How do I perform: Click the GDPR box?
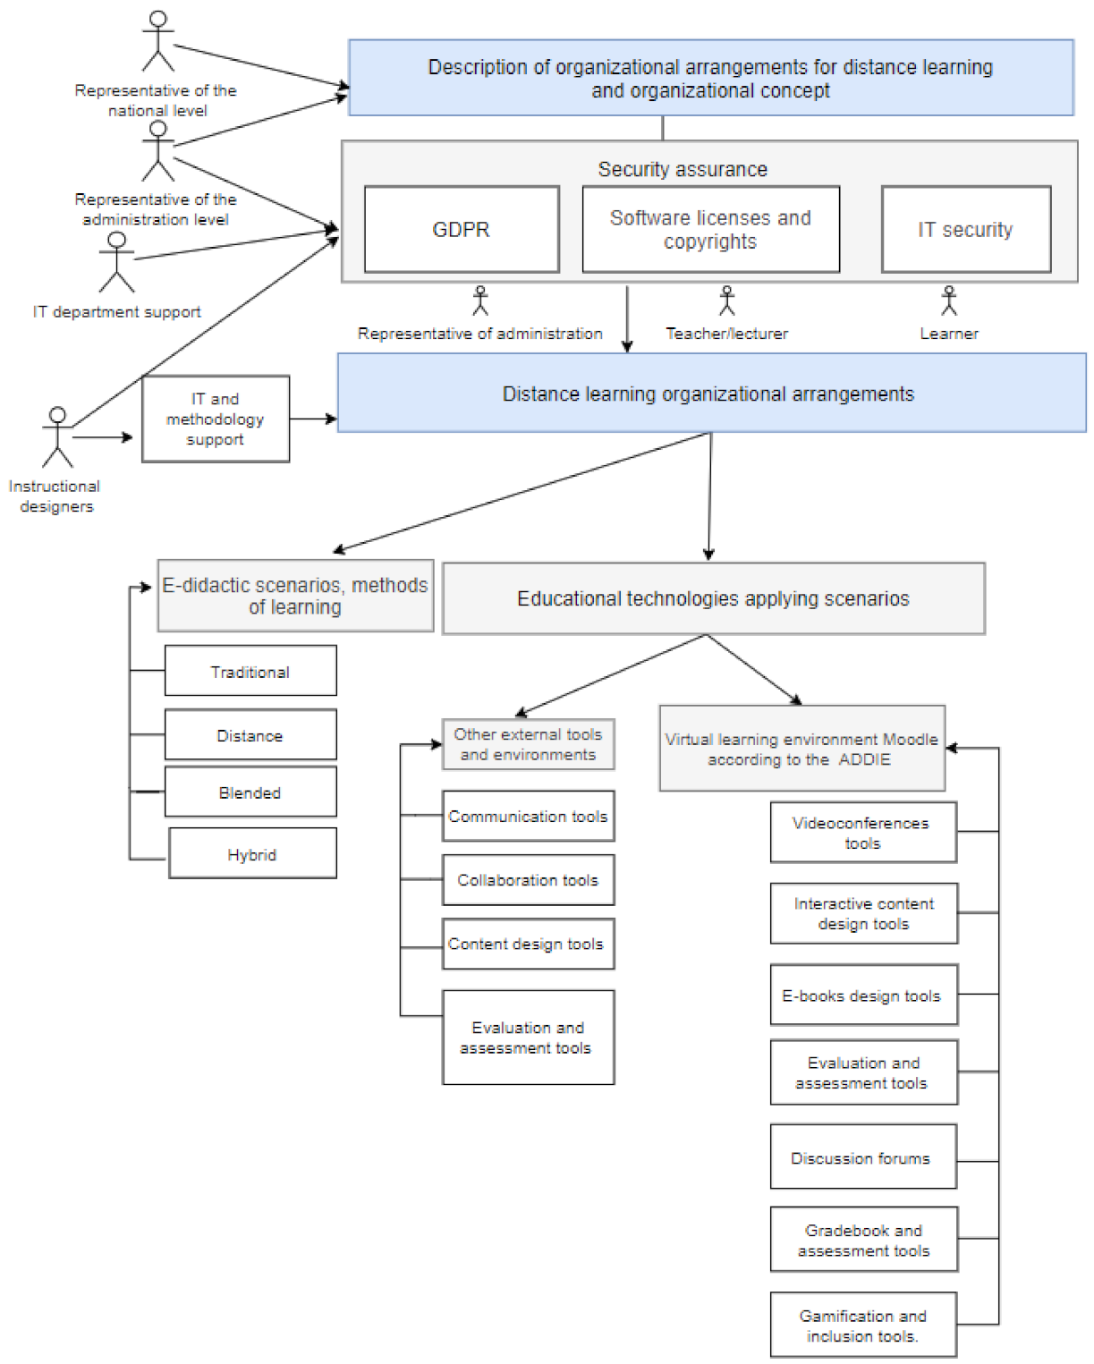[x=462, y=230]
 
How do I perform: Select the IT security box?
[x=965, y=230]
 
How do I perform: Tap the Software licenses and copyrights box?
[x=710, y=230]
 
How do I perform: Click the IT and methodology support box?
[x=216, y=419]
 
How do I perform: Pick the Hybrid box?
[x=252, y=854]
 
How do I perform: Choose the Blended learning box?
[x=250, y=792]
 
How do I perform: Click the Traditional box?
[x=250, y=672]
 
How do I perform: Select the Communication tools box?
[x=528, y=816]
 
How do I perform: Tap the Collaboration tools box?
[x=528, y=880]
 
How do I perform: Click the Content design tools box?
[x=528, y=944]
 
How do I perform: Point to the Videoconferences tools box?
[x=863, y=833]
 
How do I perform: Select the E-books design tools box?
[x=863, y=995]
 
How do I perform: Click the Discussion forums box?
[x=863, y=1157]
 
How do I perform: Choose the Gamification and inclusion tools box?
[x=863, y=1326]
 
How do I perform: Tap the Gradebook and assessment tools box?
[x=863, y=1240]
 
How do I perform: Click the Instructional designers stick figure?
[x=58, y=437]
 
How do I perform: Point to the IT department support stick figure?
[x=117, y=262]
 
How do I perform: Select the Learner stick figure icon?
[x=949, y=301]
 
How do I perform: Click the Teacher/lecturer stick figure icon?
[x=727, y=301]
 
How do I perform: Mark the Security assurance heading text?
[x=683, y=169]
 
